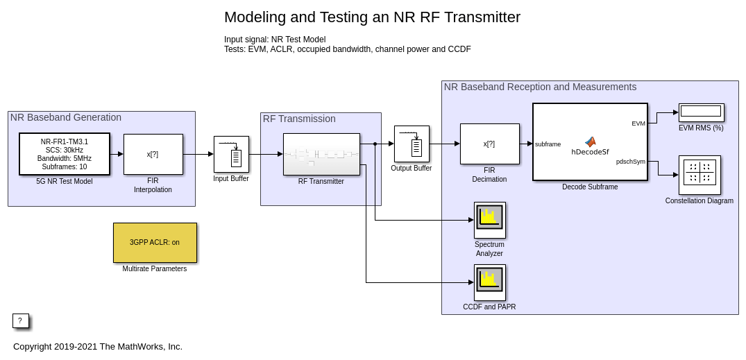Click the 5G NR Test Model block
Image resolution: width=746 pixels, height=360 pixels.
tap(65, 153)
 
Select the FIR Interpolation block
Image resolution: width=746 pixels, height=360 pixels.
tap(153, 154)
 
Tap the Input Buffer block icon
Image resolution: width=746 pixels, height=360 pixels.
tap(231, 154)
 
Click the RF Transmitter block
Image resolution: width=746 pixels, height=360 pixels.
tap(321, 154)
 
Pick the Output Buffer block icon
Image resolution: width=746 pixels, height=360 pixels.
tap(412, 144)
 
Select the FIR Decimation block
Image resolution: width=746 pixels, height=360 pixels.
tap(489, 144)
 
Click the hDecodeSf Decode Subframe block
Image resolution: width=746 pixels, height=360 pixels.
tap(590, 142)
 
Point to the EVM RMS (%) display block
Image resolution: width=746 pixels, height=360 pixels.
tap(701, 112)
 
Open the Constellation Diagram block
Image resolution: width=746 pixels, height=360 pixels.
tap(700, 175)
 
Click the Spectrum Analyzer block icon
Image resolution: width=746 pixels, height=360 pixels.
tap(489, 220)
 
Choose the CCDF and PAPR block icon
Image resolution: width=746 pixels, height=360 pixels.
tap(489, 282)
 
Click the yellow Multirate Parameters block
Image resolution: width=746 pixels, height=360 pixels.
tap(155, 243)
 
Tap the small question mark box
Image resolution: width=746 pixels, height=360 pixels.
tap(20, 320)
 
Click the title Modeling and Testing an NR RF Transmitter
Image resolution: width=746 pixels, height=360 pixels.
tap(372, 17)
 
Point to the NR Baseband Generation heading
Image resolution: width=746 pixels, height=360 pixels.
tap(66, 118)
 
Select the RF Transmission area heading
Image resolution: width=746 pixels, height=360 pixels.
tap(299, 119)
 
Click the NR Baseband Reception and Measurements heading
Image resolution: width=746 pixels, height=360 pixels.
tap(540, 87)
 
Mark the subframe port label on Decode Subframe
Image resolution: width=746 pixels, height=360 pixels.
tap(548, 144)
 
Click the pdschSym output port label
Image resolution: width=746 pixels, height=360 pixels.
tap(630, 162)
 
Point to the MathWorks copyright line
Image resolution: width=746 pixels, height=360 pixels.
tap(98, 347)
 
